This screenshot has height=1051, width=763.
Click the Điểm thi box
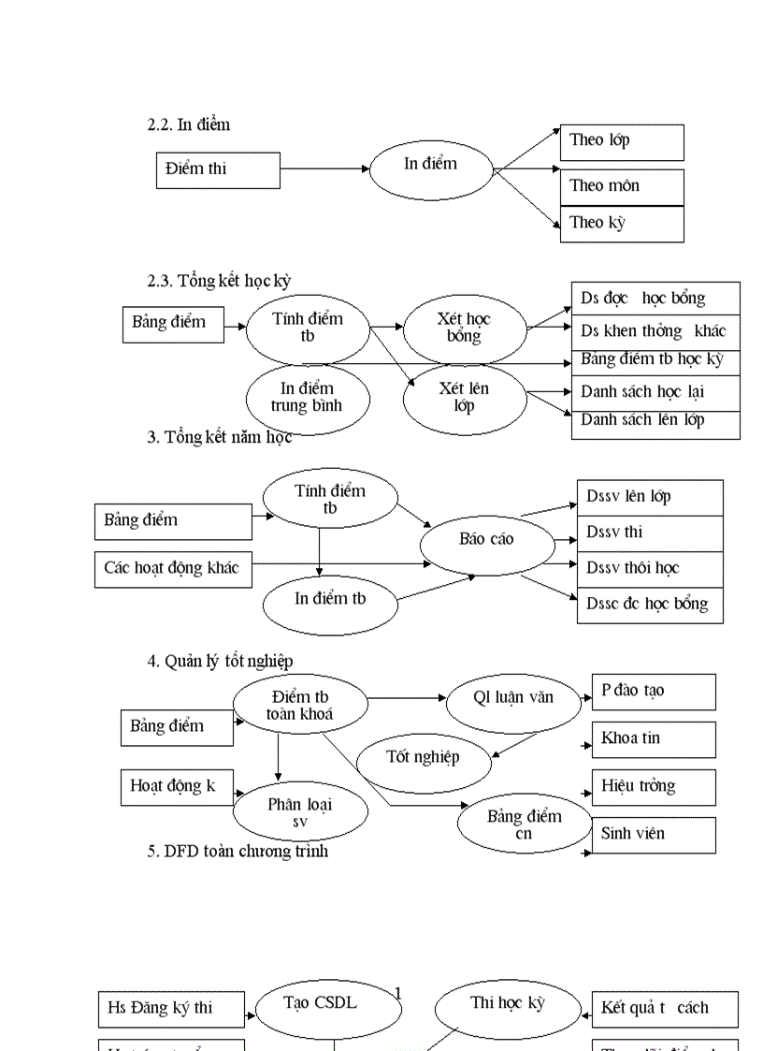tap(218, 169)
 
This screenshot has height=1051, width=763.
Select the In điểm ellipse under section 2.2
tap(431, 168)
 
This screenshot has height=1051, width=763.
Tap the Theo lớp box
tap(622, 142)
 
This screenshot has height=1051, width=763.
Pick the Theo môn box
tap(622, 187)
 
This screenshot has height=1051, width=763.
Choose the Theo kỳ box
tap(622, 224)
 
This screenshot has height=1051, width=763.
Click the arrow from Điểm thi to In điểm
tap(324, 169)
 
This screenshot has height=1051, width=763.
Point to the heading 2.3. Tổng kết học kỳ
tap(224, 280)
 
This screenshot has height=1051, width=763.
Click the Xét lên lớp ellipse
tap(465, 398)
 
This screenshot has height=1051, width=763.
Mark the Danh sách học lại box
tap(655, 392)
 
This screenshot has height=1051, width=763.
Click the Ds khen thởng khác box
tap(655, 331)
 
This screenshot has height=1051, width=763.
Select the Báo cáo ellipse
tap(486, 540)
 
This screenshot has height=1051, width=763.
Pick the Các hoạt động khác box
tap(173, 569)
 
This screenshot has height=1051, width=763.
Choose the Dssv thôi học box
tap(651, 569)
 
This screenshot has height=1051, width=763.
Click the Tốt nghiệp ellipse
tap(424, 758)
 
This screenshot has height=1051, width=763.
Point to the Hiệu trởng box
tap(654, 787)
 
